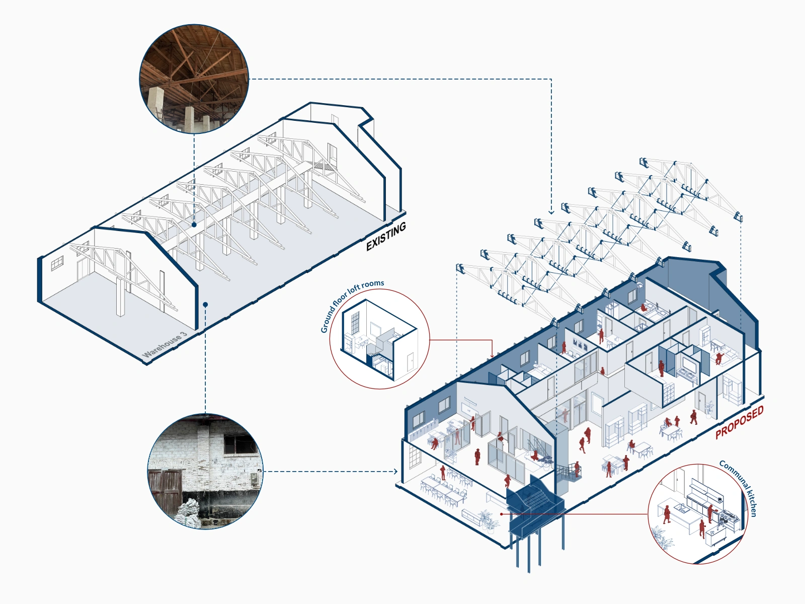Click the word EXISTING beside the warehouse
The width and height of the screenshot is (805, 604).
click(386, 237)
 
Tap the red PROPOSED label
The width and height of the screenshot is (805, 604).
click(739, 422)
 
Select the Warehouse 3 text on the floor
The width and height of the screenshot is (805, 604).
click(165, 345)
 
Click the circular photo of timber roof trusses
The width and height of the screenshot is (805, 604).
click(194, 79)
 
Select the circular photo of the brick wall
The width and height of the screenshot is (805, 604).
click(205, 472)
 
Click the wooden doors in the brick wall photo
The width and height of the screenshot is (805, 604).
click(165, 488)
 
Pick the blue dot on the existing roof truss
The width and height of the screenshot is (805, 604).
click(194, 225)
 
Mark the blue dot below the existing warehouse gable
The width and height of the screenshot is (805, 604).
click(205, 305)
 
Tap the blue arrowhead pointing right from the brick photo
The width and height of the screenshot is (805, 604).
click(395, 472)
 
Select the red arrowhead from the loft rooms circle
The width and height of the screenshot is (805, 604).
click(492, 356)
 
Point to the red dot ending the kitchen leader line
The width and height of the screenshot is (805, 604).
click(502, 514)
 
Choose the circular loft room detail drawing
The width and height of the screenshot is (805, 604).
click(379, 338)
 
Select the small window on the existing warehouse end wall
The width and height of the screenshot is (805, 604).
click(57, 263)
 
